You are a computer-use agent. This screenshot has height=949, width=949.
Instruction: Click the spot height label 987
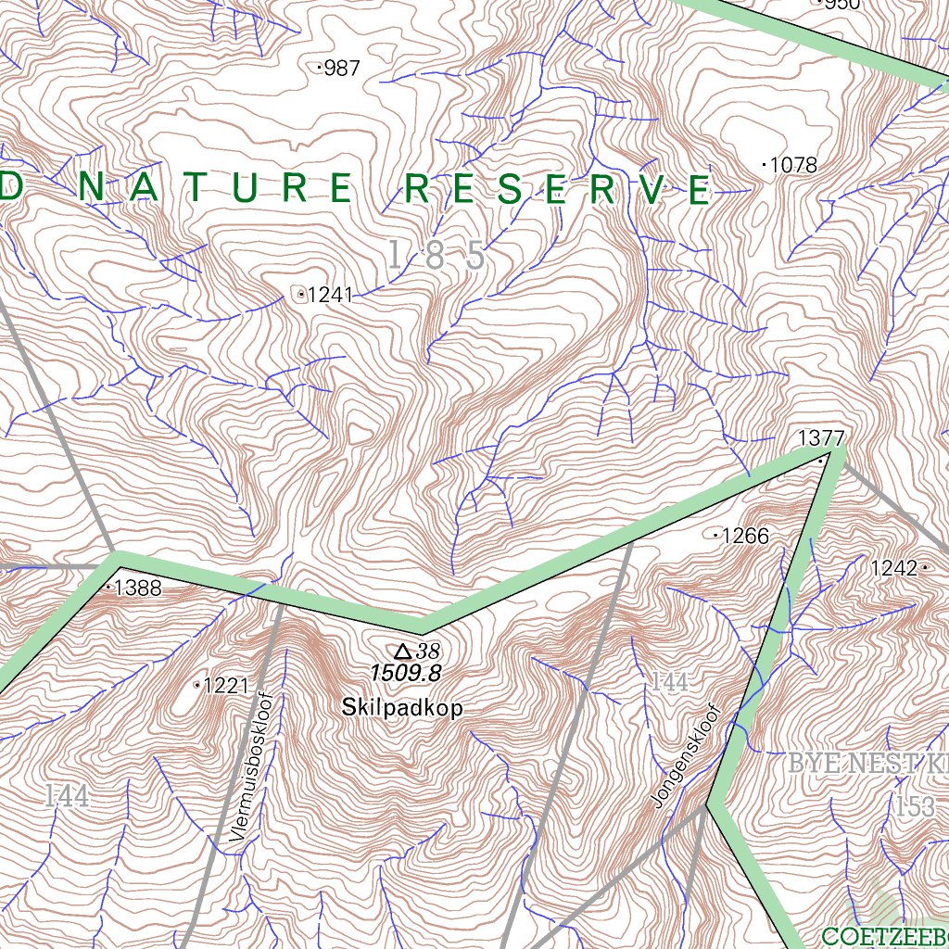click(341, 69)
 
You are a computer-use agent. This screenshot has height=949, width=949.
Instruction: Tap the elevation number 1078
click(793, 166)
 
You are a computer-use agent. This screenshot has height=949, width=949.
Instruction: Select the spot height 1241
click(330, 296)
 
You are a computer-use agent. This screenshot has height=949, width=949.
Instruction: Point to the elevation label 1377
click(821, 437)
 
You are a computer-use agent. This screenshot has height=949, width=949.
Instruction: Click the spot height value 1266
click(745, 536)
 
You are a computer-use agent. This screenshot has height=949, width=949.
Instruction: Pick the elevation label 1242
click(893, 567)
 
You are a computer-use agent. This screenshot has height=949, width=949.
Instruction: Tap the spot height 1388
click(138, 588)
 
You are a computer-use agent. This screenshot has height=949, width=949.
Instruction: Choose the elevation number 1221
click(226, 686)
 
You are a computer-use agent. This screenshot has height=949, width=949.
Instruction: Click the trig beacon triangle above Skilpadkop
click(403, 651)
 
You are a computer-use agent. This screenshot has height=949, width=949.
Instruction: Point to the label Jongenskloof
click(687, 756)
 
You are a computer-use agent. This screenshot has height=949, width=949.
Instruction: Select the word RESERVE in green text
click(560, 190)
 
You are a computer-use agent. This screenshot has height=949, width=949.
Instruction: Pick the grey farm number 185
click(436, 256)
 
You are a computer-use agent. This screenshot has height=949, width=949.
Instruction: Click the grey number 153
click(915, 806)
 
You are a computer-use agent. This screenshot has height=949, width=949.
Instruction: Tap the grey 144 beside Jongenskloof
click(669, 684)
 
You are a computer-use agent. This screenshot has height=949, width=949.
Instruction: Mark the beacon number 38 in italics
click(428, 651)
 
